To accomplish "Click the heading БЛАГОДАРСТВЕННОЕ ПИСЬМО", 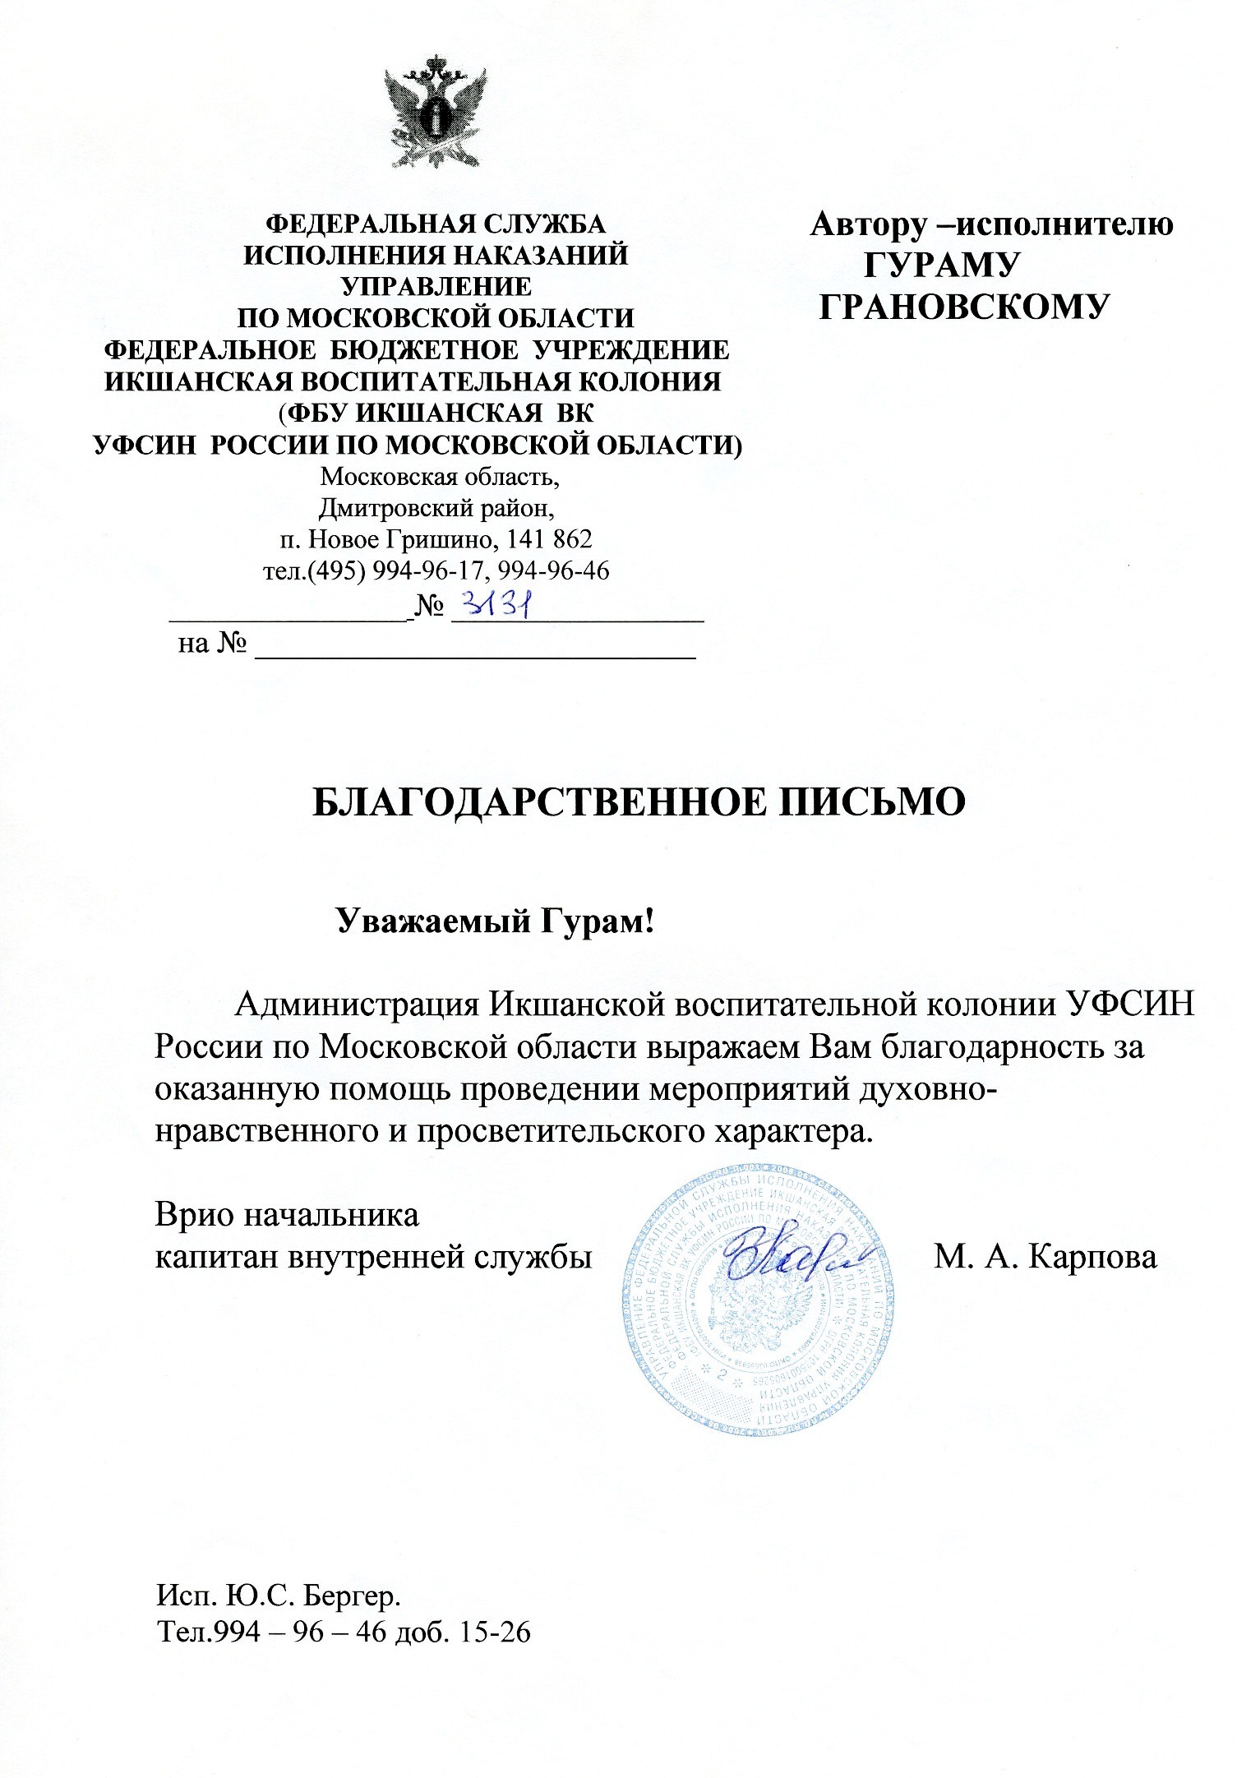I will (x=639, y=802).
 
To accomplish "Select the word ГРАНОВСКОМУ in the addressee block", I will (x=966, y=307).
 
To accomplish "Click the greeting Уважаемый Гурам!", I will (x=496, y=921).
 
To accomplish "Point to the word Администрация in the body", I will (x=358, y=1004).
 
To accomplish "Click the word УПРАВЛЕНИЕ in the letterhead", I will (x=436, y=286).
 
